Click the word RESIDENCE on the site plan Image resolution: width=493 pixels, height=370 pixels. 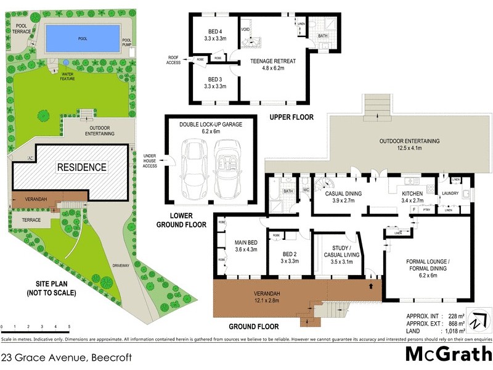click(82, 167)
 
